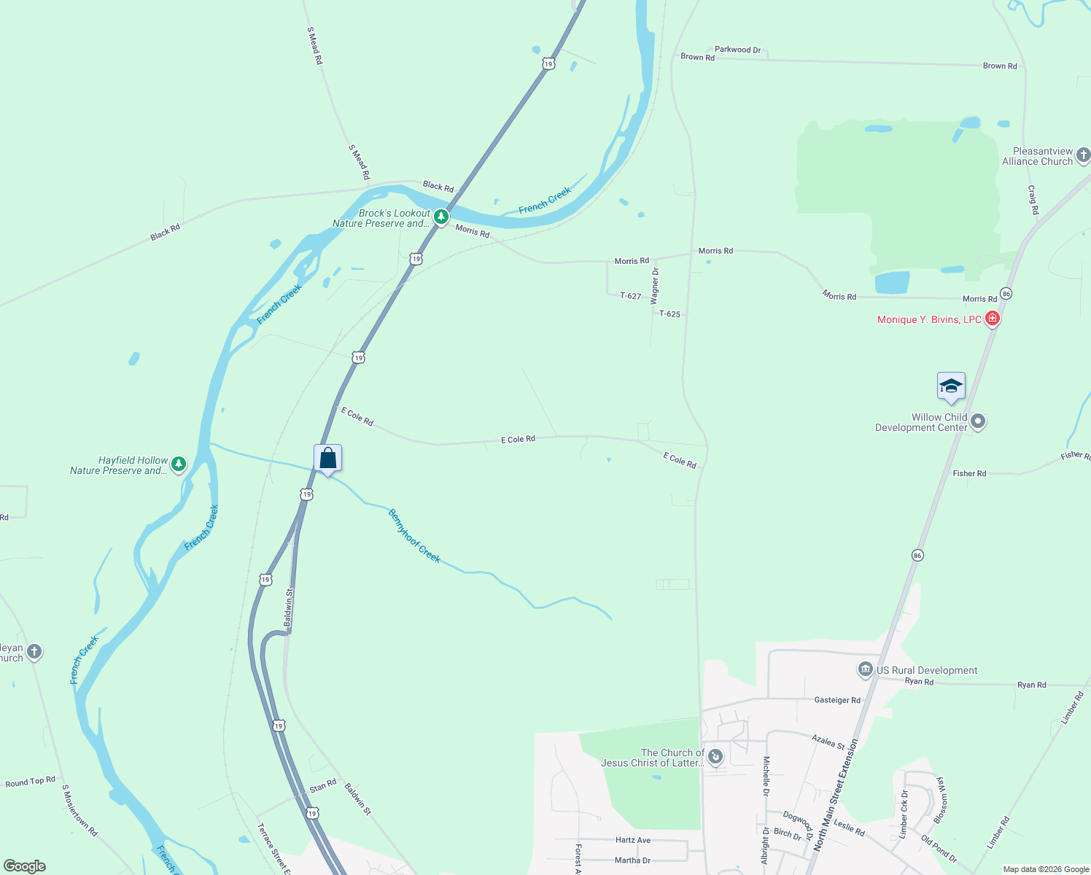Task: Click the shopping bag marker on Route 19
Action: click(x=328, y=459)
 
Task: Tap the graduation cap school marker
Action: click(x=951, y=386)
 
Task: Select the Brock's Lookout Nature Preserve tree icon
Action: click(x=441, y=217)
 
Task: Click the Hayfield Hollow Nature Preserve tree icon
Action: click(x=178, y=464)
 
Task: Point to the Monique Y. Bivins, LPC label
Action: click(x=929, y=319)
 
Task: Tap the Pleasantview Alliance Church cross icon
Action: click(x=1083, y=155)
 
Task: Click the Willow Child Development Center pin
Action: click(x=978, y=421)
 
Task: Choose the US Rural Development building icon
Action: click(x=865, y=669)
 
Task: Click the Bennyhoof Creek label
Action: click(x=414, y=536)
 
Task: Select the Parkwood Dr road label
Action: click(x=737, y=50)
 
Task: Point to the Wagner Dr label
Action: click(x=655, y=286)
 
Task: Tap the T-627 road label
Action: click(x=630, y=296)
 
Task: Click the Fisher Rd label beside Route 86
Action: click(x=969, y=473)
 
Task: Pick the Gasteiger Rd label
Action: click(x=836, y=700)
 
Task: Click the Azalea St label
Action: click(x=828, y=742)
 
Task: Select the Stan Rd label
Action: click(x=322, y=786)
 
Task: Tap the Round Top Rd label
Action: click(x=30, y=782)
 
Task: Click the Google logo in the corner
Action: click(x=25, y=866)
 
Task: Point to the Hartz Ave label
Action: click(x=632, y=840)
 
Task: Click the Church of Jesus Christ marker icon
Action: click(x=715, y=758)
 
